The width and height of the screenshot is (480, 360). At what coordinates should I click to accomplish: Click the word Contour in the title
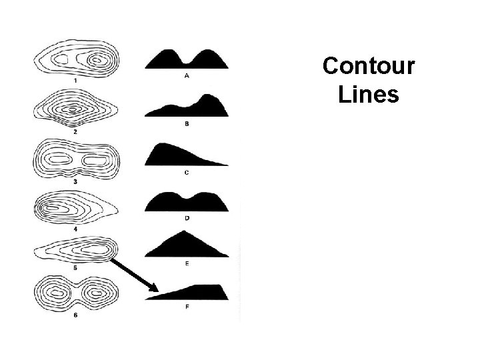pos(368,67)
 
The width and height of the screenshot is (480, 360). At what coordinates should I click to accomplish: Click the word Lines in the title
pos(368,94)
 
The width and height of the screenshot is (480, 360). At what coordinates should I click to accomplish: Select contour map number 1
pos(75,59)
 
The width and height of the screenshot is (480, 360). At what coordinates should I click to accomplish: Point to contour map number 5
pos(73,251)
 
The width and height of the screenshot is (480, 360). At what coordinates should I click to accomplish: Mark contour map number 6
pos(75,292)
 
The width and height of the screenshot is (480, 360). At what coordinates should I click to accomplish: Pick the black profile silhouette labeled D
pos(187,203)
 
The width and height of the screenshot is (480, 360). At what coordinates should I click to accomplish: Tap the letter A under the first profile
pos(187,75)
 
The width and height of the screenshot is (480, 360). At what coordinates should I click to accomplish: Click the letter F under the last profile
pos(187,307)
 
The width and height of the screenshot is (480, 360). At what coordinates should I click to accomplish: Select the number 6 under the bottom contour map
pos(75,315)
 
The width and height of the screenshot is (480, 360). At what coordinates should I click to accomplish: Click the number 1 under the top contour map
pos(75,80)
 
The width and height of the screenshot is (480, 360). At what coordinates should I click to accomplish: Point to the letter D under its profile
pos(187,218)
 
